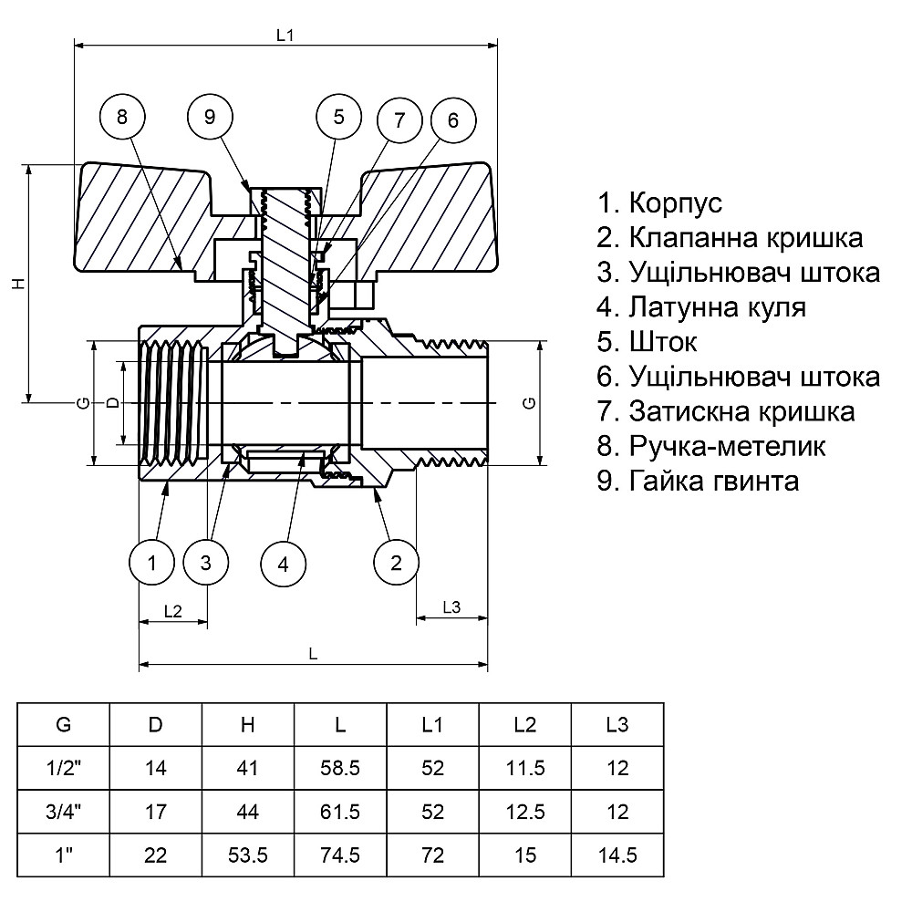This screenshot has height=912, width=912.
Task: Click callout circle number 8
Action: [x=124, y=118]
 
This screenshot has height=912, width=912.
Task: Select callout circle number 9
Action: [x=210, y=118]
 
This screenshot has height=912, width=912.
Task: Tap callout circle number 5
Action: [x=339, y=118]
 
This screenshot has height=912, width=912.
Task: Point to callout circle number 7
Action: [x=399, y=120]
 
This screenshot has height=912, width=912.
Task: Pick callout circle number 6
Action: [x=453, y=120]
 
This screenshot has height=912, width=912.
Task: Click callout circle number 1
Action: [x=153, y=563]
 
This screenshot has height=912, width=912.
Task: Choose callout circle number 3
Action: [x=206, y=563]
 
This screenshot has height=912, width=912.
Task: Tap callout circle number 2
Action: [x=396, y=563]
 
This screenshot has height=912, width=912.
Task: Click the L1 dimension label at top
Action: [x=285, y=35]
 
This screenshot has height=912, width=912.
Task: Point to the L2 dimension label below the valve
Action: [x=172, y=608]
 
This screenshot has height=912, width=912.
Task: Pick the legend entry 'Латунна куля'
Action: [x=702, y=307]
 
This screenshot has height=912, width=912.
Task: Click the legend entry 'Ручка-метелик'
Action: [x=711, y=446]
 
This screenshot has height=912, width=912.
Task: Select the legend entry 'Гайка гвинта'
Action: [x=699, y=481]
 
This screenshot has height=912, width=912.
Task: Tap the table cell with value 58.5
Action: [x=340, y=768]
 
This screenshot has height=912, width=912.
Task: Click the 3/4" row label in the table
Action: [x=64, y=812]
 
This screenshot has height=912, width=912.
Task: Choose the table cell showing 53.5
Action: [x=248, y=855]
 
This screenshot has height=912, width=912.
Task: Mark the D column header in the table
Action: [x=156, y=725]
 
